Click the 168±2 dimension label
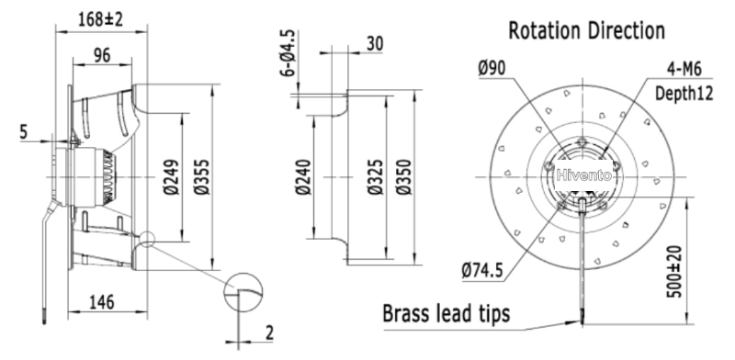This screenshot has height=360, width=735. point(100,19)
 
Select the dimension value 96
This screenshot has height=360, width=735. point(102,55)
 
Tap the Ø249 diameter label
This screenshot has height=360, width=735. point(172,177)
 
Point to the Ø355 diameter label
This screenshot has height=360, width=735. point(202,177)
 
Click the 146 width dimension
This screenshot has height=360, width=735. point(101,302)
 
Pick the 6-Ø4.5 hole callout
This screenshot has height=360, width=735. point(289,52)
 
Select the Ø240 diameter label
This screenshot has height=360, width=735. point(304,177)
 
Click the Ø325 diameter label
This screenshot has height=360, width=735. point(376,177)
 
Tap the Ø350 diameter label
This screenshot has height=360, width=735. point(403,177)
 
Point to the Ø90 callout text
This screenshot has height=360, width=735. point(492,69)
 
